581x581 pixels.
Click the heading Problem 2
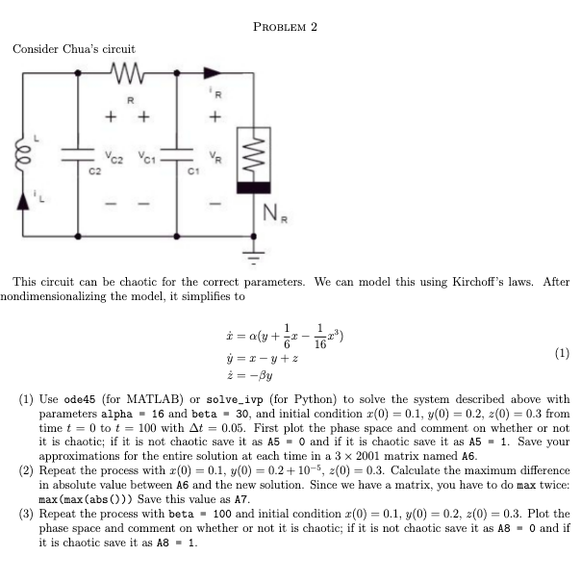[x=284, y=26]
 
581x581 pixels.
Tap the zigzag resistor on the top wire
[x=126, y=71]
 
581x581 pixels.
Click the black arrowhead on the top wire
[x=210, y=71]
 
